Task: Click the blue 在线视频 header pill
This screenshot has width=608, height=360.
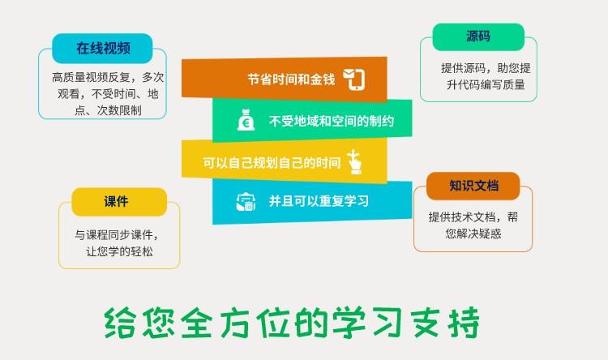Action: [102, 49]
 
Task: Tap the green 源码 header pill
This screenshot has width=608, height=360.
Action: [478, 36]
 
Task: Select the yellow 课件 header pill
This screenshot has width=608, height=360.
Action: [119, 202]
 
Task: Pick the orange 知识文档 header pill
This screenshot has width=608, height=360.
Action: [473, 186]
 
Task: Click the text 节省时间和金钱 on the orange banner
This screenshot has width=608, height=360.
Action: [291, 79]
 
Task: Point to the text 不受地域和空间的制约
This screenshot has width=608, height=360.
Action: [332, 121]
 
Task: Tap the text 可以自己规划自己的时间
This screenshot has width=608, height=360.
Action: [272, 162]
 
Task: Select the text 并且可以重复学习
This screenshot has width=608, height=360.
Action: [319, 201]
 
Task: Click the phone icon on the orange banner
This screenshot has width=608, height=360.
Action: [354, 79]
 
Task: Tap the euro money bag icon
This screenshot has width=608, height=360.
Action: [246, 120]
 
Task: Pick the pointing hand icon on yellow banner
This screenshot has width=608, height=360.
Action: [355, 161]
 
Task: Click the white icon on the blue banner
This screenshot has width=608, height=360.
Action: [246, 202]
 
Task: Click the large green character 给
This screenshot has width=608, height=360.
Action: [120, 323]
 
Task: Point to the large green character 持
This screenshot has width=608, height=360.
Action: [464, 323]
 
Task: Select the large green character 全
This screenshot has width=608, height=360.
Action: [197, 323]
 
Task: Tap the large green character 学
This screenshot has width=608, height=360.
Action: [349, 323]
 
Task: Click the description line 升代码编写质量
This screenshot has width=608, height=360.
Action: [486, 84]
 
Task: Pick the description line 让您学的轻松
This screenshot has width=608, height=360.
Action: [119, 251]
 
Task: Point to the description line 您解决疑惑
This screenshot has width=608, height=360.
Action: [473, 234]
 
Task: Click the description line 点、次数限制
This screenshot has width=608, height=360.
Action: [108, 110]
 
